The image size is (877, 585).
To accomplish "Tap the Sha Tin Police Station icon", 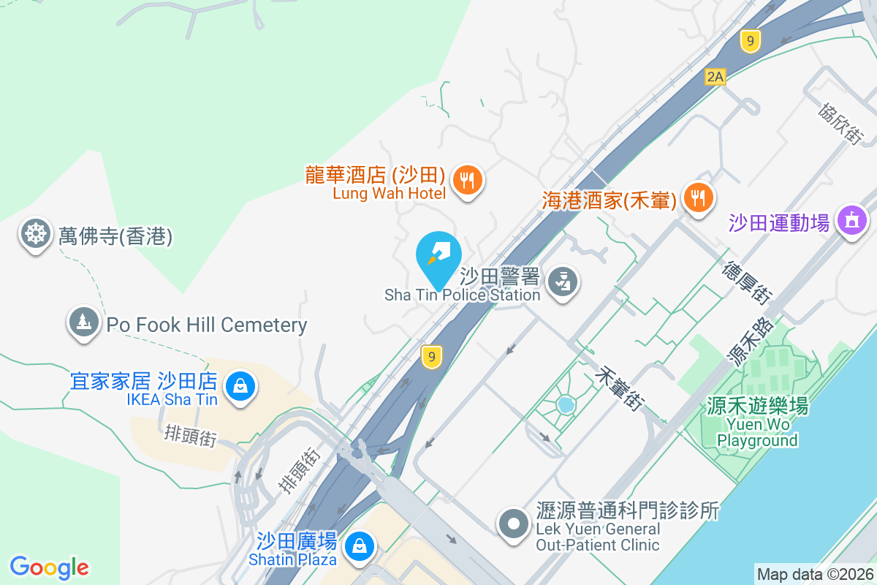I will tap(562, 282).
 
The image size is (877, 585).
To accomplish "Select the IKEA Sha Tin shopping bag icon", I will tap(240, 384).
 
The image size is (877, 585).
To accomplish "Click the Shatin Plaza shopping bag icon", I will tap(359, 545).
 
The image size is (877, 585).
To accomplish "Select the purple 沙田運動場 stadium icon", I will tap(851, 219).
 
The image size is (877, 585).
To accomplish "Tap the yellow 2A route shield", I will tap(715, 76).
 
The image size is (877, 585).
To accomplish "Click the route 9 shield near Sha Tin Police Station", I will tap(432, 357).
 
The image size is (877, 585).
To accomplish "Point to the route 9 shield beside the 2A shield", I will tap(749, 40).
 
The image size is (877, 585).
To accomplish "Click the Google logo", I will tap(49, 567).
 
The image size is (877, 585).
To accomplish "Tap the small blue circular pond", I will tap(565, 404).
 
